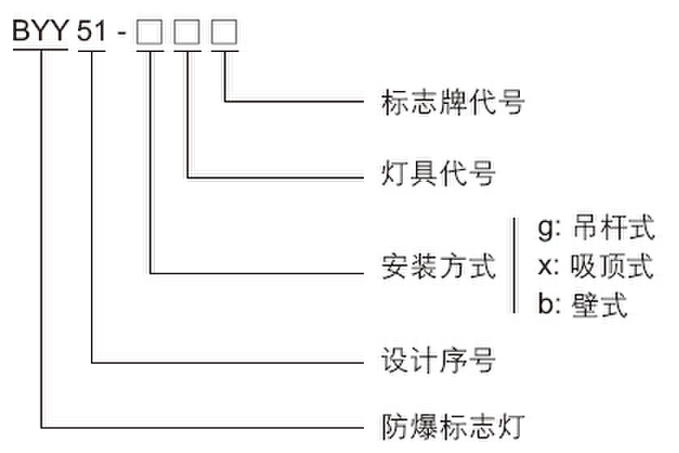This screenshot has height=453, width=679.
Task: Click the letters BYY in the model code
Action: tap(41, 32)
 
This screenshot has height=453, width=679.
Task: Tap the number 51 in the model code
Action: tap(92, 32)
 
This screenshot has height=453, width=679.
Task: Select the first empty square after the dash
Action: tap(149, 32)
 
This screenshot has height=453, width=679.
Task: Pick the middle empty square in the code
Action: tap(187, 32)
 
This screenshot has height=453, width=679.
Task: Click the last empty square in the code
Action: tap(224, 32)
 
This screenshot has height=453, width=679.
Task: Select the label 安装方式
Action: tap(439, 266)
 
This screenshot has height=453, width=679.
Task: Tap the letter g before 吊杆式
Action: tap(544, 229)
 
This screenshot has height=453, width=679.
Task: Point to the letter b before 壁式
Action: tap(544, 305)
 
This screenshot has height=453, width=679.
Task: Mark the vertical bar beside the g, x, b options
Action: tap(514, 265)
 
